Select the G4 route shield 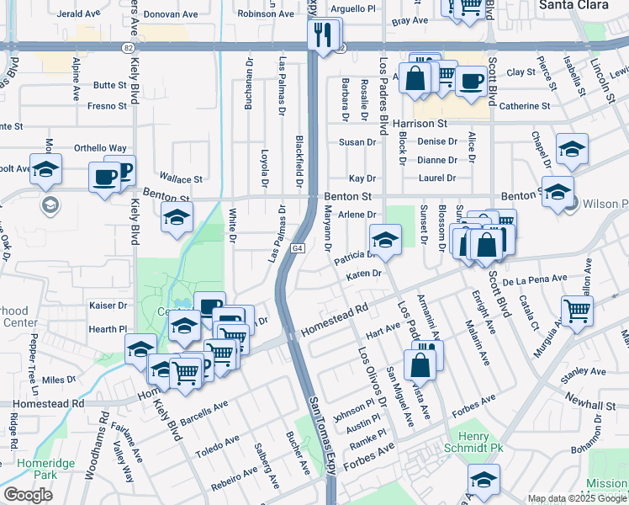[299, 249]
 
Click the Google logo [28, 495]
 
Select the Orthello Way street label [100, 148]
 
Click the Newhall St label [591, 405]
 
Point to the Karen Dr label [364, 274]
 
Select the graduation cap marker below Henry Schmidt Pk [484, 481]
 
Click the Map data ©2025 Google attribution [577, 498]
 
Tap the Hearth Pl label [110, 329]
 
